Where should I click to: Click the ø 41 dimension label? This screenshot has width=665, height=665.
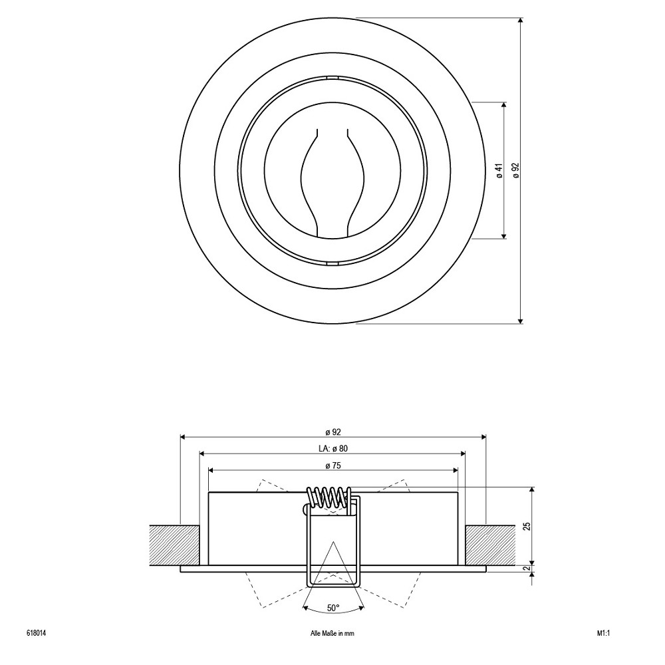click(x=499, y=170)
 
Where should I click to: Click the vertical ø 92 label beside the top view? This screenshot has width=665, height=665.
click(x=516, y=170)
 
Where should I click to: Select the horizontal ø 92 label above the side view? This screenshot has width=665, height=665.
click(x=333, y=432)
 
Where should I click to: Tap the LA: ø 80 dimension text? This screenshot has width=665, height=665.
click(x=333, y=448)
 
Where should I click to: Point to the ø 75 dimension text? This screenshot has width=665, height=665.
click(x=333, y=465)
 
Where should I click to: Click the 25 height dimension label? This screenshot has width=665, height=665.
click(x=527, y=526)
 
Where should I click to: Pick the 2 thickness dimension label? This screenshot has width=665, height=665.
click(x=527, y=569)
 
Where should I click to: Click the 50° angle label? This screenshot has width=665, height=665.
click(x=333, y=608)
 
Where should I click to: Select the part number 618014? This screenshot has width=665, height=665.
click(x=36, y=634)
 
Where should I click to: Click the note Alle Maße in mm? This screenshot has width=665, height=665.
click(x=332, y=634)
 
